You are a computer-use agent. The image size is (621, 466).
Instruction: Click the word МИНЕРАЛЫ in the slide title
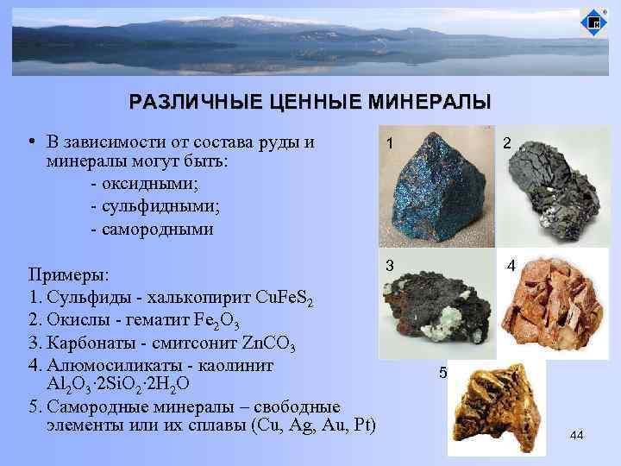pyautogui.click(x=429, y=103)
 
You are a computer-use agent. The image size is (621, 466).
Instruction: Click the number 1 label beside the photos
pyautogui.click(x=391, y=145)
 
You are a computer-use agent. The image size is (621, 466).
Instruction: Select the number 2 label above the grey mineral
pyautogui.click(x=508, y=147)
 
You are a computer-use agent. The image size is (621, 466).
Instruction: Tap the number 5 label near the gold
pyautogui.click(x=443, y=374)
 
